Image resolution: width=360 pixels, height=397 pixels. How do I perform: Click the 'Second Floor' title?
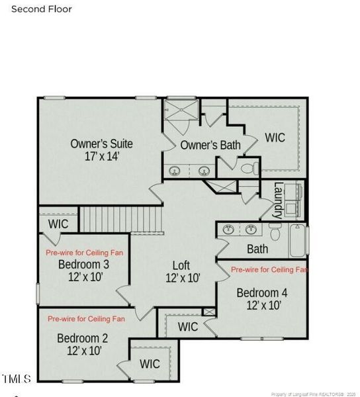pos(42,9)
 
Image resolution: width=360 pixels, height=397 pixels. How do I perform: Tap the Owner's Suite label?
pos(102,144)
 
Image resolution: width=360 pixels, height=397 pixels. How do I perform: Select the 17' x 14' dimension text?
pos(102,157)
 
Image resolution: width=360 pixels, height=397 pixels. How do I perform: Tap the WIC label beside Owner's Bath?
pos(275,138)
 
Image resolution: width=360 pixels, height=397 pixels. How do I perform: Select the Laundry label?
pos(279,200)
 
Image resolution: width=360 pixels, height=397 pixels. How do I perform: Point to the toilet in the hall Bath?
pos(276,232)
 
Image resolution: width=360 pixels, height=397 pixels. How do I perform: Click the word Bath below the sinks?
pos(257,249)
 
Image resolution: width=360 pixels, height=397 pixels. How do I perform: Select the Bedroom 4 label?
pos(262,292)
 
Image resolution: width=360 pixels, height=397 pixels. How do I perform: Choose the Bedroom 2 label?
pos(82,339)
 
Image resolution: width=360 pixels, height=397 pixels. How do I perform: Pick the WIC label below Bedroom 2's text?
pos(150,364)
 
